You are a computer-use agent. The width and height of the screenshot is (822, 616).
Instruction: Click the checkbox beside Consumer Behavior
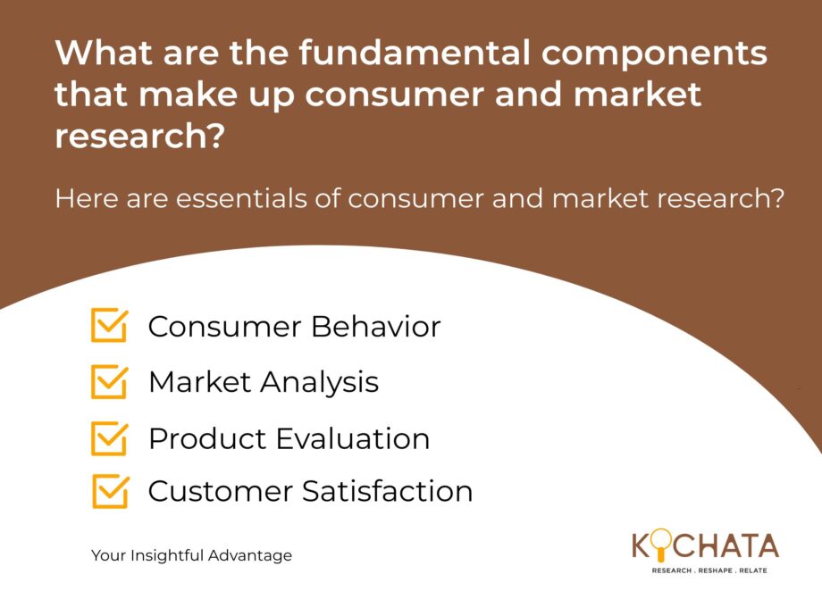(x=109, y=325)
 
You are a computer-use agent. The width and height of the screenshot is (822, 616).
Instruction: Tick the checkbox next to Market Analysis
(x=109, y=381)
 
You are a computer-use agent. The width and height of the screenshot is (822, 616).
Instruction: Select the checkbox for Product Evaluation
(x=109, y=438)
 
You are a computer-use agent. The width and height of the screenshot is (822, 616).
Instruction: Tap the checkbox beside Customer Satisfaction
(x=110, y=491)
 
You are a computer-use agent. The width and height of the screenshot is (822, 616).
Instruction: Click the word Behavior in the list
(x=375, y=327)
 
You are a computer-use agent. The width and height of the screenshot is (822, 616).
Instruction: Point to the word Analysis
(x=319, y=382)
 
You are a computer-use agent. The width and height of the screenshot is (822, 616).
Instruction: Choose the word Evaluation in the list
(x=352, y=438)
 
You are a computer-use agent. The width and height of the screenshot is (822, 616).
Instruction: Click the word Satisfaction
(x=388, y=491)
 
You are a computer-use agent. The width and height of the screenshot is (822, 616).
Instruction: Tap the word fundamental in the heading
(x=415, y=53)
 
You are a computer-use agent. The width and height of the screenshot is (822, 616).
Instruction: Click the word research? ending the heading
(x=140, y=137)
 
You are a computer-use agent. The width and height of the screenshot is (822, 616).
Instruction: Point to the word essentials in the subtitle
(x=241, y=198)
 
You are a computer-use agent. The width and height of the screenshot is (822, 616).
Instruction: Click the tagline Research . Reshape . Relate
(x=709, y=570)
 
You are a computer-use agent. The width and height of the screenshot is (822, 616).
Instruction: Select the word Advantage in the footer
(x=250, y=556)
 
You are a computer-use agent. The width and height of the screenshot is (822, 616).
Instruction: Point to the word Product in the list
(x=208, y=438)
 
